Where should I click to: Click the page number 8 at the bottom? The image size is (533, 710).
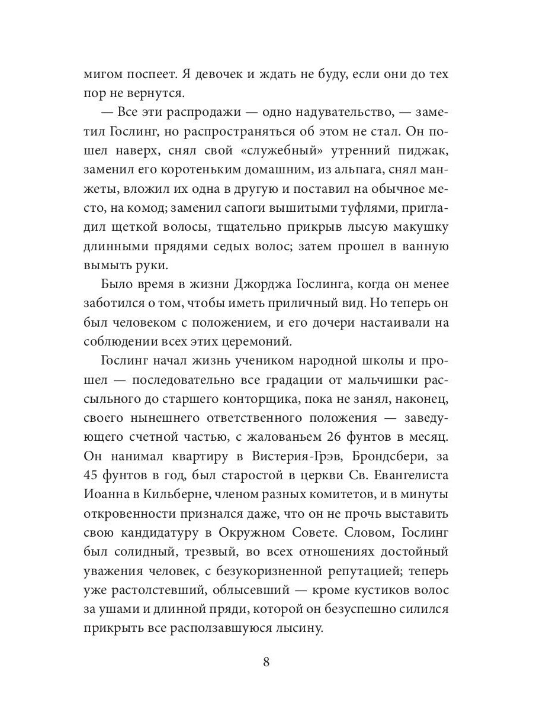pyautogui.click(x=266, y=662)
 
